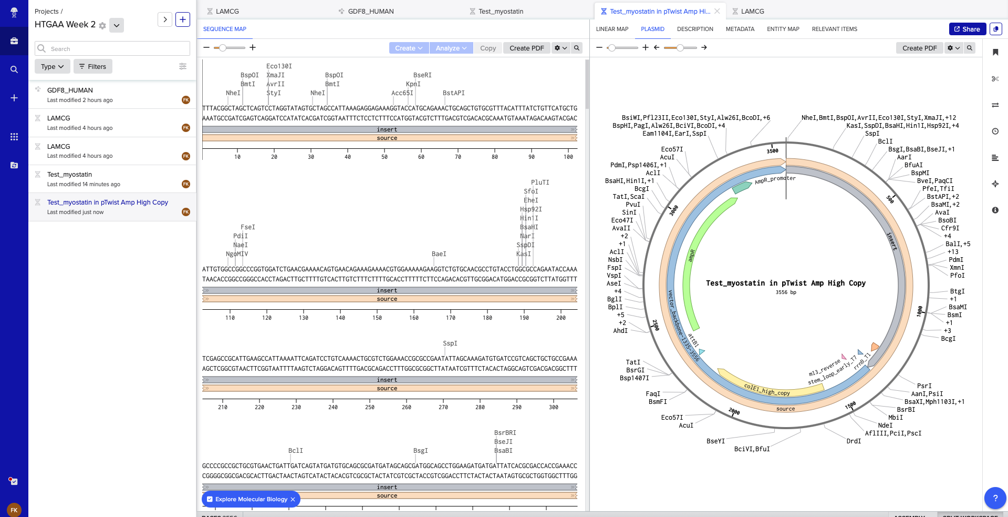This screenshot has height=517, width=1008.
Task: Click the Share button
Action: point(967,29)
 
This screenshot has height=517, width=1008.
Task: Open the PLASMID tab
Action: point(652,29)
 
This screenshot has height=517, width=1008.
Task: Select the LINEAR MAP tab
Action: point(612,29)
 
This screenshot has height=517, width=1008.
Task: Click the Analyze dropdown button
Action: point(451,48)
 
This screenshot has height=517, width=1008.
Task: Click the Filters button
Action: point(93,67)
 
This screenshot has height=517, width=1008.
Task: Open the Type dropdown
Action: point(52,67)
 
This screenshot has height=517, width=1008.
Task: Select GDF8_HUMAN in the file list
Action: point(70,90)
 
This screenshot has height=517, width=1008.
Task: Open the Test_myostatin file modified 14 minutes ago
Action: point(69,175)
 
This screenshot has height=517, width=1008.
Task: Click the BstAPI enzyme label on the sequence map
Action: point(453,93)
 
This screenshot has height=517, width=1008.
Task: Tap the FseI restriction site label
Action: point(247,227)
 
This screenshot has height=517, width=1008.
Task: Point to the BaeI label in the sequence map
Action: point(439,254)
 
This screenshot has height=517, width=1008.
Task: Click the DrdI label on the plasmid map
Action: point(854,441)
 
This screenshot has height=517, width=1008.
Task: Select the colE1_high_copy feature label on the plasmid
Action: point(767,390)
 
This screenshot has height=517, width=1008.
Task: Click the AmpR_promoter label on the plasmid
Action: point(775,180)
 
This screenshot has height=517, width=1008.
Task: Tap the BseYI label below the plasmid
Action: point(715,441)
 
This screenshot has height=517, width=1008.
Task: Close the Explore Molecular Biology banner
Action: point(293,499)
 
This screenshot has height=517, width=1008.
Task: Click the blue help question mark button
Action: point(995,498)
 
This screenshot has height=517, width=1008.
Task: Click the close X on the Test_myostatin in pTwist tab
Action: point(717,11)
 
